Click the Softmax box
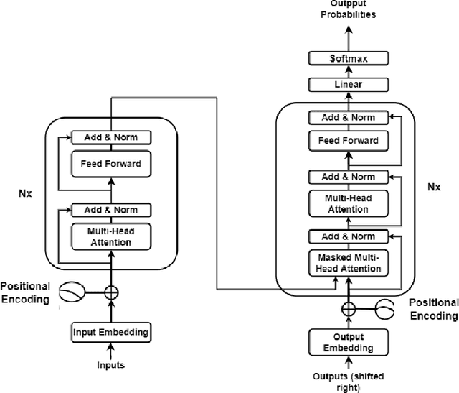point(348,58)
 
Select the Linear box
point(348,85)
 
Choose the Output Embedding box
point(348,342)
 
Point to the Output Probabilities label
point(348,10)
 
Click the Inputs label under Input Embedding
point(110,365)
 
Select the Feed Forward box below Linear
point(348,140)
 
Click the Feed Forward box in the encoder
point(110,164)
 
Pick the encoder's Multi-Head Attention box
point(110,236)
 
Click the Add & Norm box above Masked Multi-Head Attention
point(348,236)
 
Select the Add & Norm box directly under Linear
point(348,117)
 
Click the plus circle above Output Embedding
point(348,310)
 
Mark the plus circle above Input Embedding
point(110,292)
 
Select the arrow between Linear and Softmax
point(348,72)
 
